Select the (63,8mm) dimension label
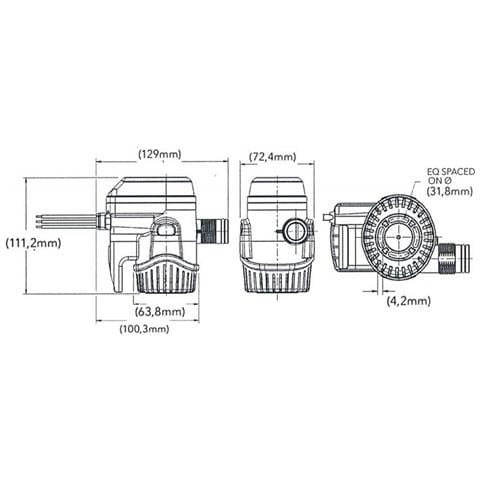(159, 311)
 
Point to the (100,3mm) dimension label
(144, 329)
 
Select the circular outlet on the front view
(294, 232)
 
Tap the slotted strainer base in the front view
(277, 275)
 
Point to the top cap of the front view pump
(275, 186)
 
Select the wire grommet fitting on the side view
(104, 218)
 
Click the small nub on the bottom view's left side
(328, 215)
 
